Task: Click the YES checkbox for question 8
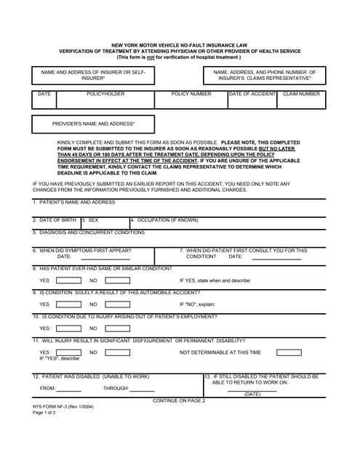[69, 280]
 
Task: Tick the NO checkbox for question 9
[118, 304]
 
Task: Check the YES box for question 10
[69, 328]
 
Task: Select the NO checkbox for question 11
[118, 352]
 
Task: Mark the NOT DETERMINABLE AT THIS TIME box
[289, 352]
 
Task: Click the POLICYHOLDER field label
[105, 94]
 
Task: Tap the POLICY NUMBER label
[191, 94]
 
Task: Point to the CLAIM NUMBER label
[301, 94]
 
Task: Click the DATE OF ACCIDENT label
[252, 94]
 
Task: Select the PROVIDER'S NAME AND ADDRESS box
[93, 124]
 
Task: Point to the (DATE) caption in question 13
[252, 394]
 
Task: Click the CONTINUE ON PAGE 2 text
[179, 400]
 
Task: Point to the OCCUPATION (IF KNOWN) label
[164, 219]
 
